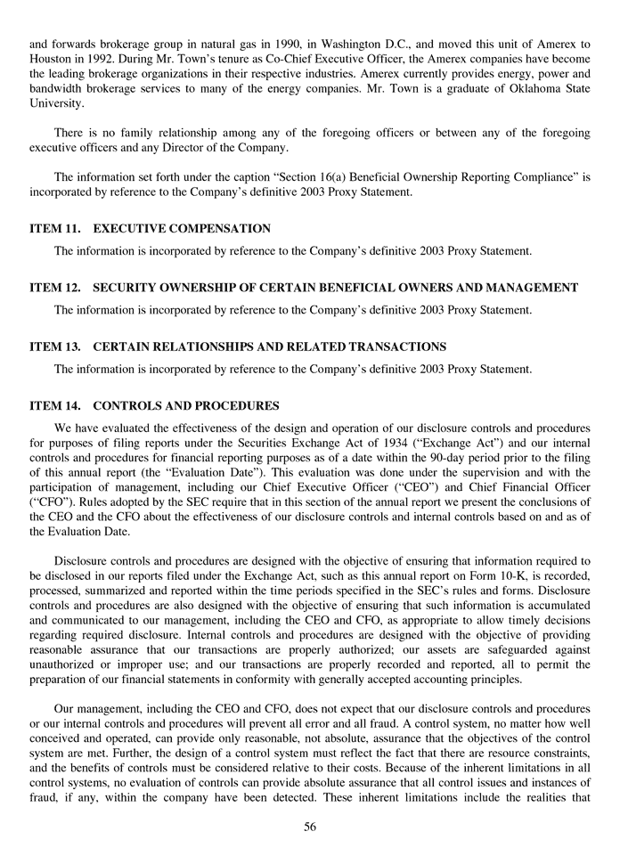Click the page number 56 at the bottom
309,827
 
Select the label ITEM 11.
55,229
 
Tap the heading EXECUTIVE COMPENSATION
182,229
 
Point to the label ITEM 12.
55,288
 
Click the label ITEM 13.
55,346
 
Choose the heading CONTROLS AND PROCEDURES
186,405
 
